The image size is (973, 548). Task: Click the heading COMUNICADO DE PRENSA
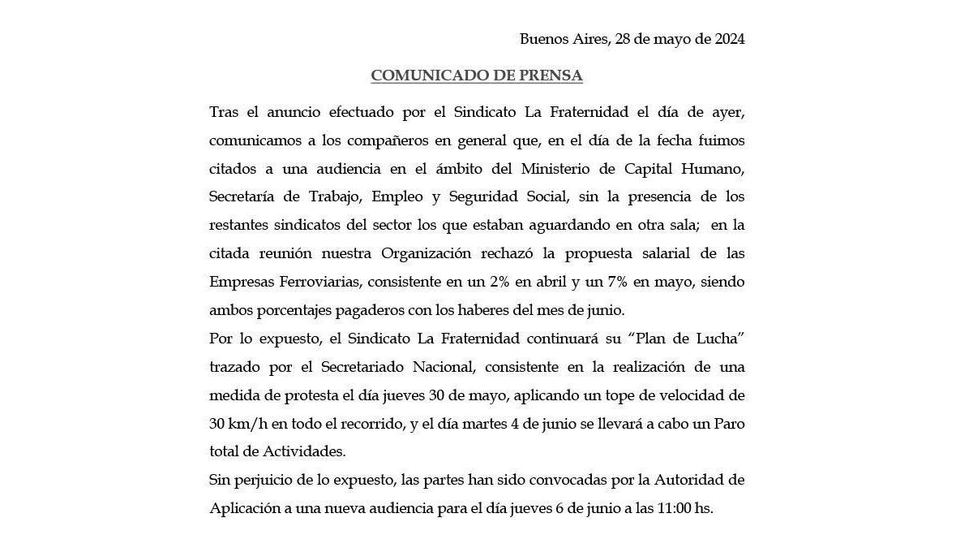[477, 76]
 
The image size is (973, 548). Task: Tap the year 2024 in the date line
[725, 39]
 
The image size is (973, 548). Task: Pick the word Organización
[426, 253]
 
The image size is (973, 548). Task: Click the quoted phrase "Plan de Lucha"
[694, 338]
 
